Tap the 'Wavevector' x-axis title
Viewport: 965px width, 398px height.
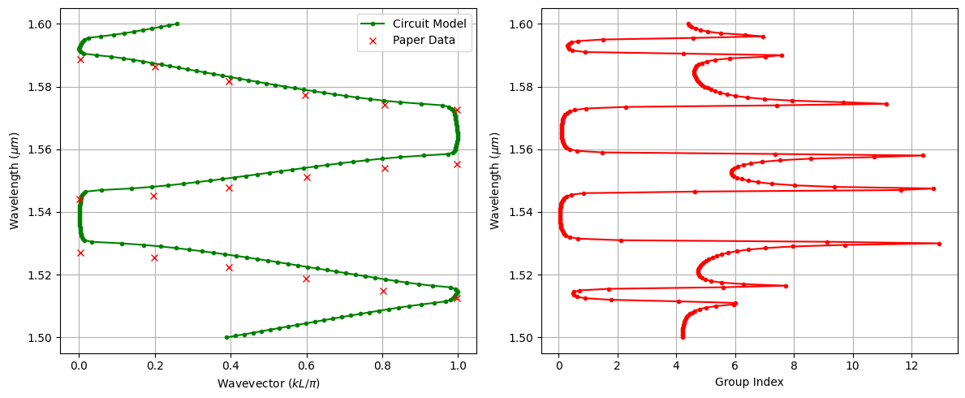click(x=269, y=383)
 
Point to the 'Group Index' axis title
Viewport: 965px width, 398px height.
click(x=749, y=383)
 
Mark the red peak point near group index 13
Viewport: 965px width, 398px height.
click(x=939, y=244)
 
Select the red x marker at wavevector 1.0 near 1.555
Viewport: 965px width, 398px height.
click(x=457, y=164)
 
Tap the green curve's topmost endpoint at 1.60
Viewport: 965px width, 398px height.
click(x=177, y=24)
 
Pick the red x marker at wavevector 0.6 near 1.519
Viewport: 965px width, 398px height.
click(x=306, y=279)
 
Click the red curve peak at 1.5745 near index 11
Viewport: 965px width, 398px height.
click(x=885, y=104)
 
